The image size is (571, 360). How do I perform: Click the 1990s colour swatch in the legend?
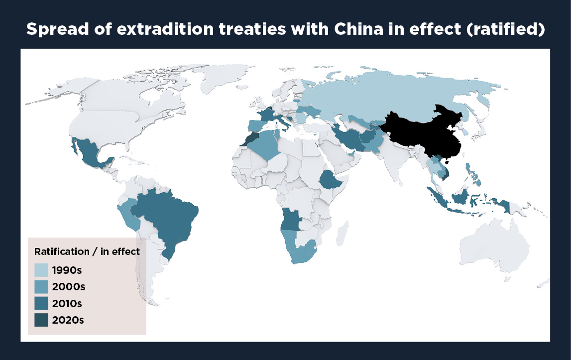(x=41, y=270)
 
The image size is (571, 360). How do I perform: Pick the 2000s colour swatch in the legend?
(x=41, y=287)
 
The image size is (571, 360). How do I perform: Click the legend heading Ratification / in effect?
(x=87, y=251)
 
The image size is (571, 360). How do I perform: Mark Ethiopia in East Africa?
(x=330, y=180)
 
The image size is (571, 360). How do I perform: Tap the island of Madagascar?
(x=343, y=234)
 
